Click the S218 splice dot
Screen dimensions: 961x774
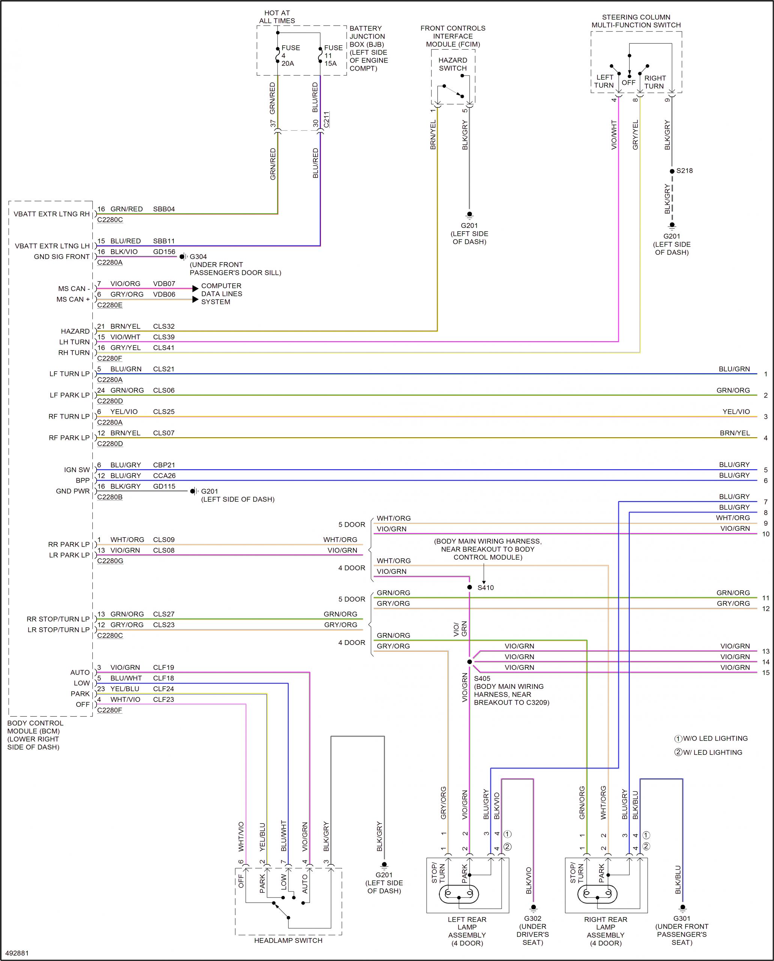[672, 171]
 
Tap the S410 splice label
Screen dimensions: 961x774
[485, 587]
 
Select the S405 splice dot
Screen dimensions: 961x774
[469, 662]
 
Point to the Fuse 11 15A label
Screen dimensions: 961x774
[333, 55]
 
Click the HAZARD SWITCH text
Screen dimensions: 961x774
[452, 64]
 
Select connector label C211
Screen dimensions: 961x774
[326, 120]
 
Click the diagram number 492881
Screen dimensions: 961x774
[18, 953]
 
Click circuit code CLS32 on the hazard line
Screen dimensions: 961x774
[164, 326]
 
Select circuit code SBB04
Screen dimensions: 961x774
[164, 209]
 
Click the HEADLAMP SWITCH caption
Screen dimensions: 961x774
[288, 940]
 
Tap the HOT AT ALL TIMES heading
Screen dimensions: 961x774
[277, 17]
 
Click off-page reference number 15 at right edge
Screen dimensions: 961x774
[765, 673]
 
